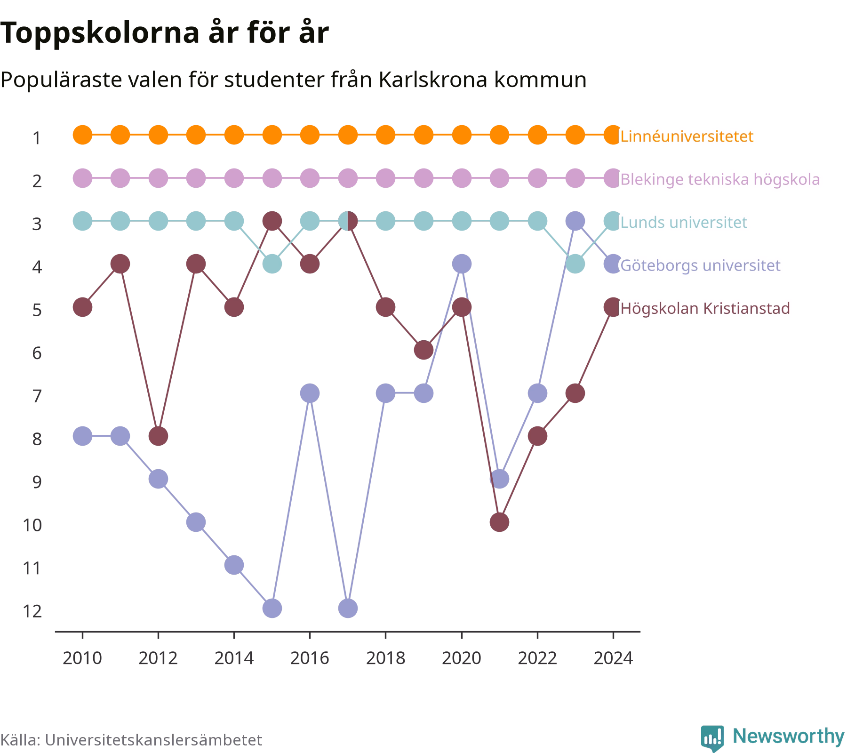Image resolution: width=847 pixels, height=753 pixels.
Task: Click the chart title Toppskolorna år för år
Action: [x=164, y=33]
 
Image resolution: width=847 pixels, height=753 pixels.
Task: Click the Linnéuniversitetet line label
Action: [x=687, y=136]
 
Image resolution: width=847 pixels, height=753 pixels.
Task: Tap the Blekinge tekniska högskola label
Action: [x=720, y=180]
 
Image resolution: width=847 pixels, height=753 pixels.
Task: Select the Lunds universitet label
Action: [x=684, y=222]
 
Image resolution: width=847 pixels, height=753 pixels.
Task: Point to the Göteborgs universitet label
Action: [x=700, y=265]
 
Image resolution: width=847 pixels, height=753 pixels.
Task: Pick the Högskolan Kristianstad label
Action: [x=705, y=309]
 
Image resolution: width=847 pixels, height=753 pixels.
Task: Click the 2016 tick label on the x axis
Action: [x=310, y=658]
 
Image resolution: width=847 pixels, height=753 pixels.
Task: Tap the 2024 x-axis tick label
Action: [x=613, y=658]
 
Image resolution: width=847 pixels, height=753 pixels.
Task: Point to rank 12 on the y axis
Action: [x=32, y=611]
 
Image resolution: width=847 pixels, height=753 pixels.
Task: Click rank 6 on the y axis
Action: [x=37, y=353]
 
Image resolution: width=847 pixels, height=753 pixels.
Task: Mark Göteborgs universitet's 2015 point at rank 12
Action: [x=272, y=608]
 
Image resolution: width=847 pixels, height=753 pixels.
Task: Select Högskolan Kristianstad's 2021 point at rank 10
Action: [x=499, y=522]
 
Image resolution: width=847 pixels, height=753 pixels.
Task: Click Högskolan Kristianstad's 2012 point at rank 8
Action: [x=158, y=436]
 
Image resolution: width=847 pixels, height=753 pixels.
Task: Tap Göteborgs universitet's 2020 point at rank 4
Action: [x=462, y=264]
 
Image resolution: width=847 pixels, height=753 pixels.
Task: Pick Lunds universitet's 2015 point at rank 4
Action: [x=272, y=264]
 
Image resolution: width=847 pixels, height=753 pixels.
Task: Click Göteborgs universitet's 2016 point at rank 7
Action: [x=310, y=393]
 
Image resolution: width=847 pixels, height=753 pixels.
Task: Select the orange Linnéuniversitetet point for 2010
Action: [x=82, y=135]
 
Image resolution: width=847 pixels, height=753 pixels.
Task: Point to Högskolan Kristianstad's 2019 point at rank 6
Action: [x=423, y=350]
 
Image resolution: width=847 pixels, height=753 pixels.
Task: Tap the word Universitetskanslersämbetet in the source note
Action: [x=153, y=740]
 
